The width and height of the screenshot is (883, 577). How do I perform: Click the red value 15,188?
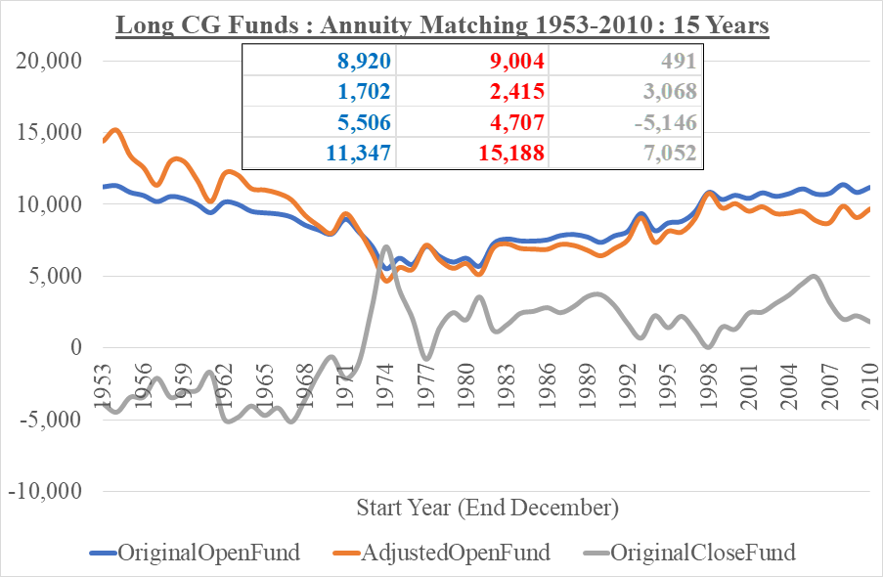510,153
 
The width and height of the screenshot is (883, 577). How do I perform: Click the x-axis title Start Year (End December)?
487,508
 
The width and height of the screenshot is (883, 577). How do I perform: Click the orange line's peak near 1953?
114,129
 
